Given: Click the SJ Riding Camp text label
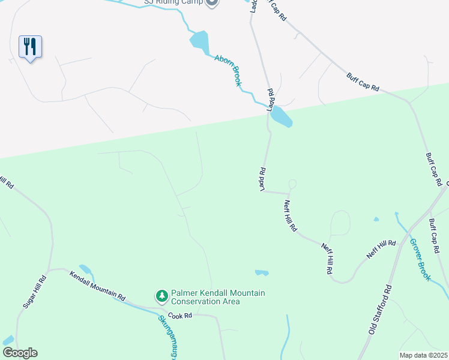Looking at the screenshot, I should pos(173,2).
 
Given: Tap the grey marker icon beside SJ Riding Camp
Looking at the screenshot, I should pos(211,2).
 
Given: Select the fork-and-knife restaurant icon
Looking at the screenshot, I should pos(30,46).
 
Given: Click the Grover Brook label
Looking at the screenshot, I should pos(420,260).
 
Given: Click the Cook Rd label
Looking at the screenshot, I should pos(179,316).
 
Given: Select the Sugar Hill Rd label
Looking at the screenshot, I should pos(35,292).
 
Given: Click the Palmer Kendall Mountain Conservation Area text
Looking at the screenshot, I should pos(218,297).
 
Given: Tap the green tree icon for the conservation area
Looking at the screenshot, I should pos(161,296).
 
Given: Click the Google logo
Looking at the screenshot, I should pos(20,353).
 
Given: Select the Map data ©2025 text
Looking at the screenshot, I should pos(423,355).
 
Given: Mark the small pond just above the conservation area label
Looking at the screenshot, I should pos(261,273).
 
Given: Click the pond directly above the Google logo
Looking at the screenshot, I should pos(8,340).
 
